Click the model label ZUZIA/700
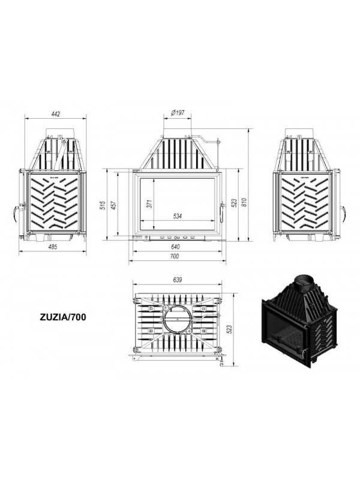pos(63,317)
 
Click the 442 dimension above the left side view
pos(56,114)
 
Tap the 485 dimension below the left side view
pos(53,247)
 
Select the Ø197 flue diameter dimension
pos(178,113)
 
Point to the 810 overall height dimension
pos(244,202)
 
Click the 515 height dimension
pos(103,205)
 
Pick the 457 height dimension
pos(113,205)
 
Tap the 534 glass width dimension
pos(178,216)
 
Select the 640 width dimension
pos(176,247)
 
